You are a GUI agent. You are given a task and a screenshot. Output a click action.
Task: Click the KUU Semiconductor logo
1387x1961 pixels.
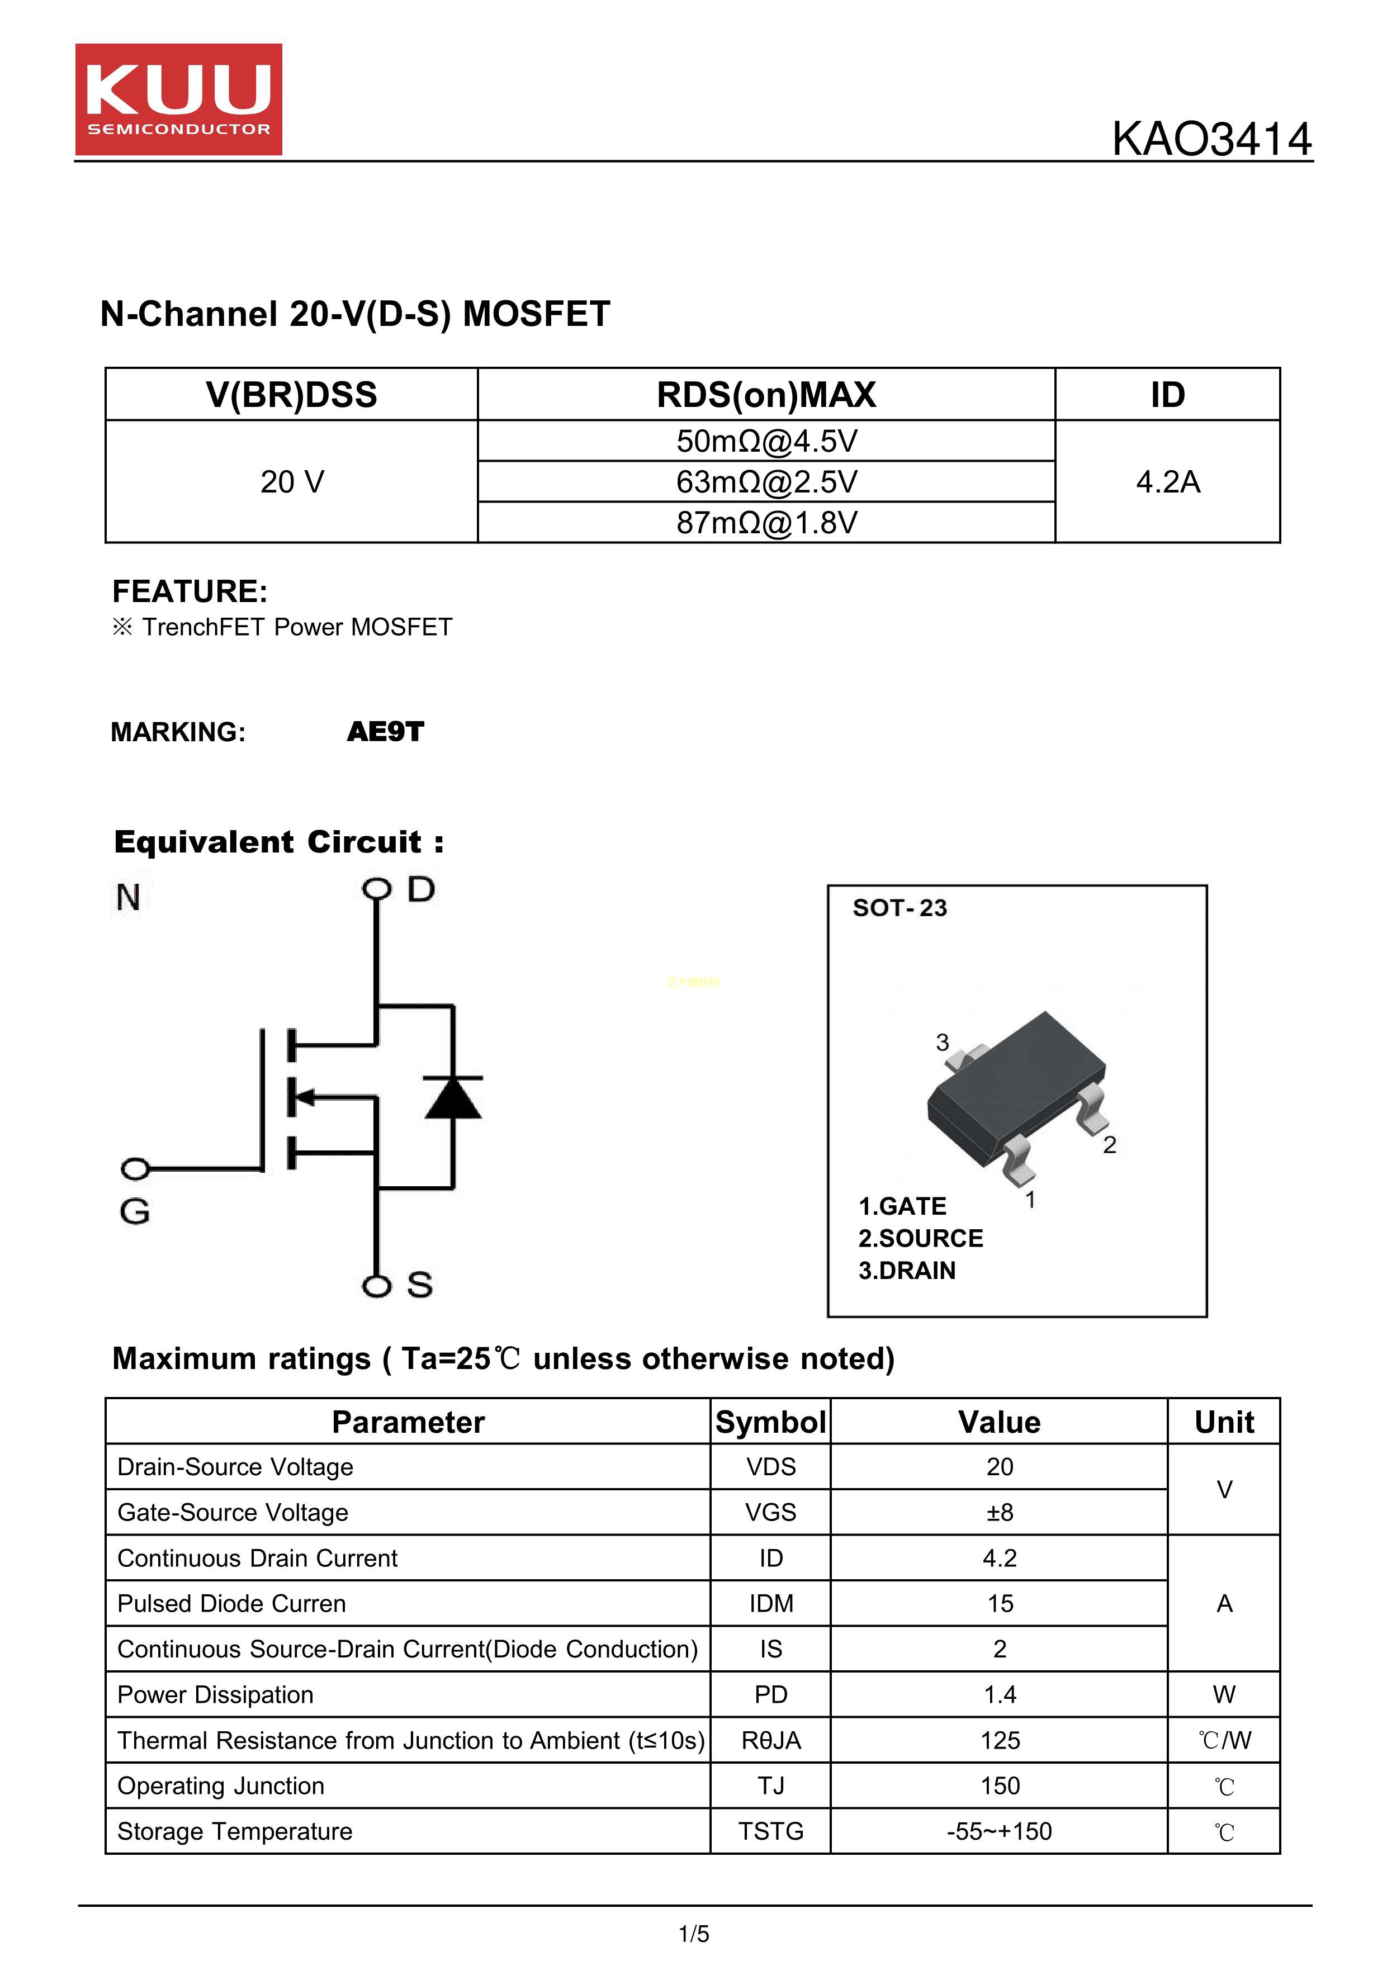point(178,99)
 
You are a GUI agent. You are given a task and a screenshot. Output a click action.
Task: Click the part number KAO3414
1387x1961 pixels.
point(1210,139)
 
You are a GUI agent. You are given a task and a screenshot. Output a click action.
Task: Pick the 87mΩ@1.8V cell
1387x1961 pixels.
point(766,523)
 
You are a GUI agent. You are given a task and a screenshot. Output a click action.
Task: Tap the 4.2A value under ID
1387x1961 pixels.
point(1167,482)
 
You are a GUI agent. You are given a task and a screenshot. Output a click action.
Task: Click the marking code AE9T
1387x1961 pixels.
point(385,732)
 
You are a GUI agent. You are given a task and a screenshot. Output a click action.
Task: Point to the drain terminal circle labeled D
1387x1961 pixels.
point(376,890)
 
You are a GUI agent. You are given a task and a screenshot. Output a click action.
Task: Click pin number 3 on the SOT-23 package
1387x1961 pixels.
point(942,1042)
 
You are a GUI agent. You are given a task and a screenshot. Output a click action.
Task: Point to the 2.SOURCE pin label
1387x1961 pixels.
point(921,1238)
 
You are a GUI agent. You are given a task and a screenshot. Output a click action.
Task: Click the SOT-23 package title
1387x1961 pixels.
point(900,908)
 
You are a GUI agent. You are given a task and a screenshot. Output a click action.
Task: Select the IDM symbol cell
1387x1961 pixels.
point(770,1604)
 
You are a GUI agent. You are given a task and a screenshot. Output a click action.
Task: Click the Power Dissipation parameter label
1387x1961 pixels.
point(215,1694)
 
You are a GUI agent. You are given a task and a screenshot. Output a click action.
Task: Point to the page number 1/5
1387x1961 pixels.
point(693,1934)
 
